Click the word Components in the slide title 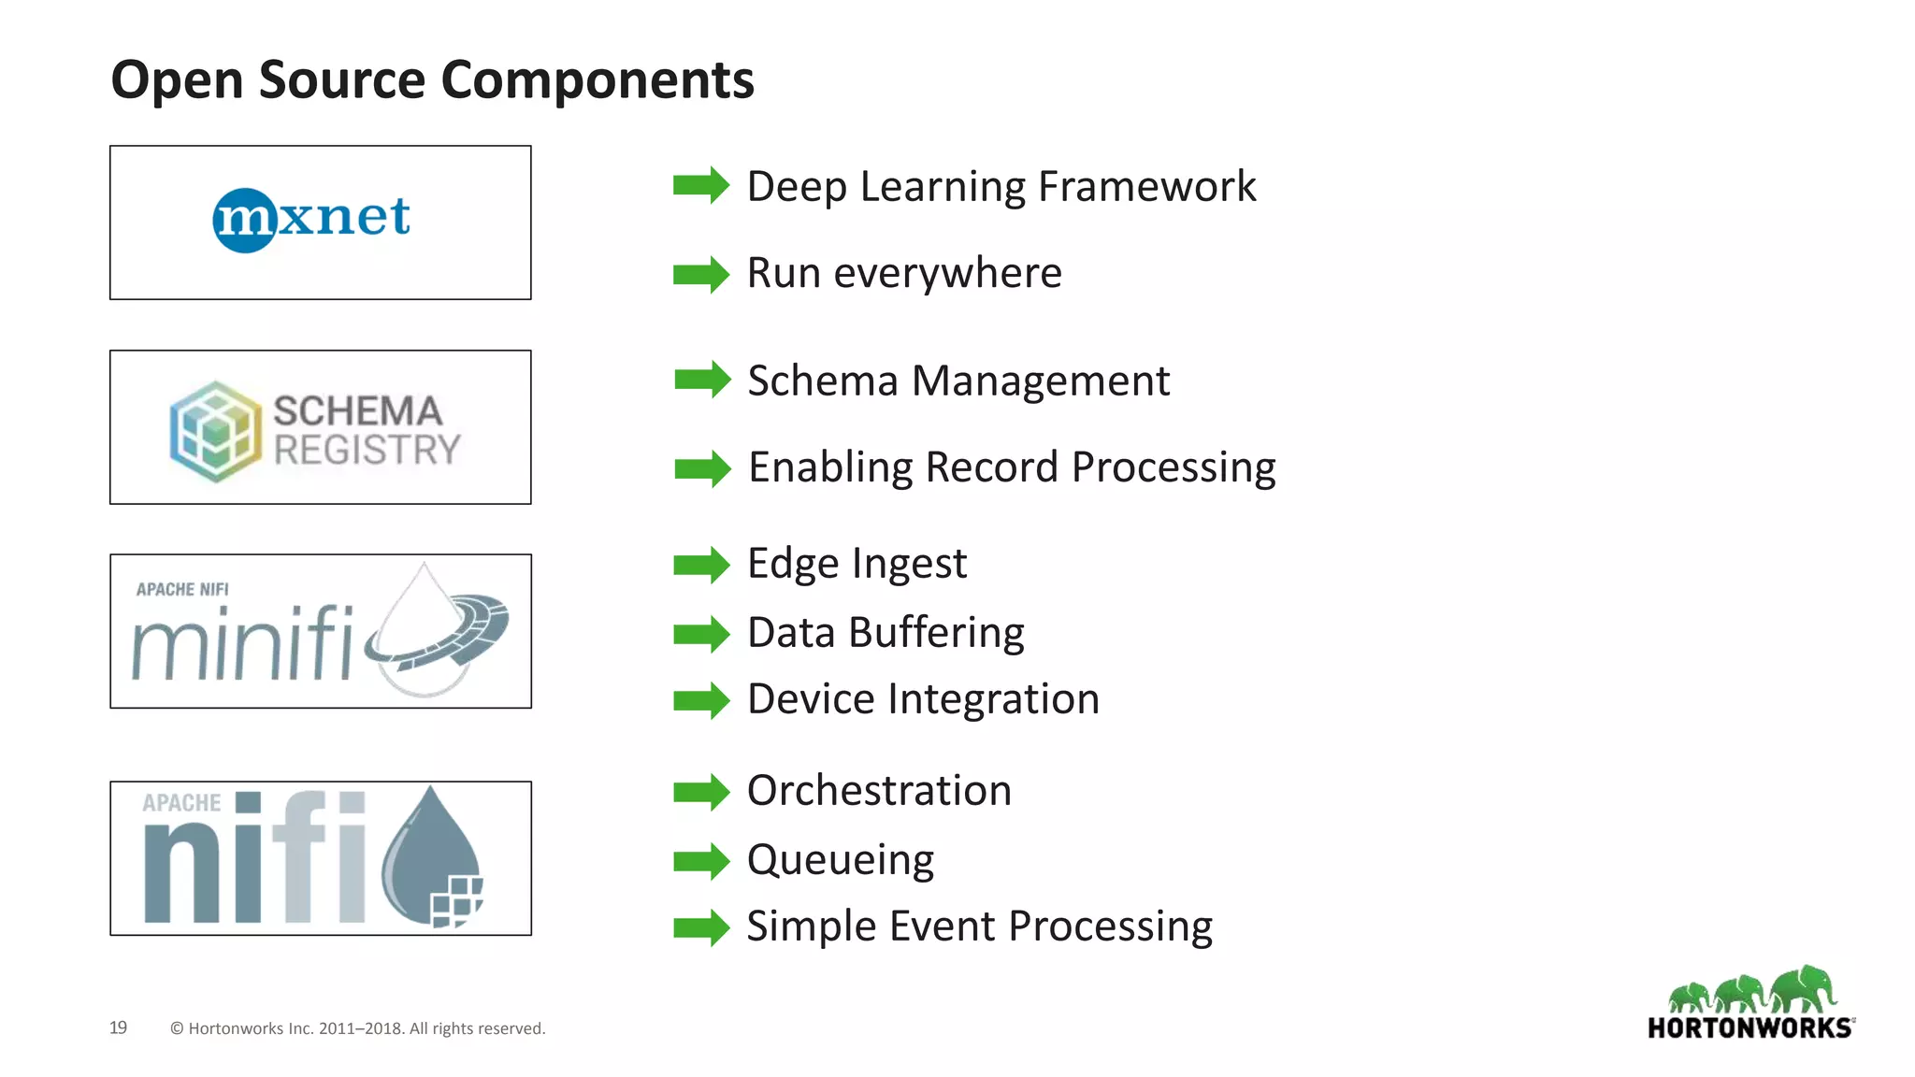[597, 80]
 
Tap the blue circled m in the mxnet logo [245, 221]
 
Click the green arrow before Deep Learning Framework [700, 185]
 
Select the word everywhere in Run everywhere [947, 273]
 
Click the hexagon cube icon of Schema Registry [216, 431]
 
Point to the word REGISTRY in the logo [367, 450]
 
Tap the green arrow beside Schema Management [701, 380]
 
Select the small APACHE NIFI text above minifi [182, 589]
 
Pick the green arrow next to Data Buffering [700, 634]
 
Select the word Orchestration [879, 791]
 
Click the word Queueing [840, 860]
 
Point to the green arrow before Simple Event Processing [700, 927]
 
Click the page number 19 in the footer [118, 1027]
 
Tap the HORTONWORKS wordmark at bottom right [1749, 1028]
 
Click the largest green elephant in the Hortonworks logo [1804, 988]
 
